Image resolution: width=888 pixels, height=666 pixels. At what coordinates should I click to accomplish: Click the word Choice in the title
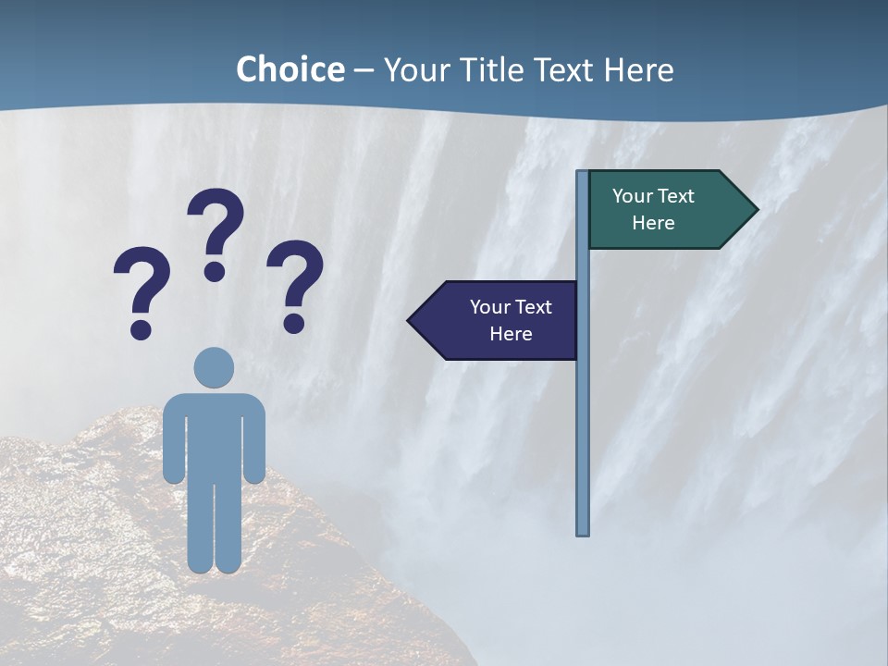coord(290,70)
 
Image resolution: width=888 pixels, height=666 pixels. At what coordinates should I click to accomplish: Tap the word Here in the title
coord(638,70)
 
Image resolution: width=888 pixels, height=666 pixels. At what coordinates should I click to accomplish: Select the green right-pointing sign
coord(666,210)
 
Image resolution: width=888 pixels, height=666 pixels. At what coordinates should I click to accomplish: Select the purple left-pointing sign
coord(499,320)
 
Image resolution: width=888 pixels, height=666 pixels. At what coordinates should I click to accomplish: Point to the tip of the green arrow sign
coord(756,210)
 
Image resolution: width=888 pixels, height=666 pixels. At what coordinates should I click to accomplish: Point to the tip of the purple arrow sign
coord(410,321)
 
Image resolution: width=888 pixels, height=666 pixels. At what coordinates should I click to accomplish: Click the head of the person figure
coord(214,367)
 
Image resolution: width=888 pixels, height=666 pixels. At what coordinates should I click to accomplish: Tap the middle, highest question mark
coord(216,227)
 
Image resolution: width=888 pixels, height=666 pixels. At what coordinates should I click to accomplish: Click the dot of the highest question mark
coord(215,271)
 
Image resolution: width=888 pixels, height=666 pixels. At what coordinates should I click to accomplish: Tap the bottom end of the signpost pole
coord(583,531)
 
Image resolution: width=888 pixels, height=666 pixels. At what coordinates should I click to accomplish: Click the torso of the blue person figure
coord(214,435)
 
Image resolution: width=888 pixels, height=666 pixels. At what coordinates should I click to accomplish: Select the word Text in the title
coord(563,70)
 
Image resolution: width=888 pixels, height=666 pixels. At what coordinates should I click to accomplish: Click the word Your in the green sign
coord(632,196)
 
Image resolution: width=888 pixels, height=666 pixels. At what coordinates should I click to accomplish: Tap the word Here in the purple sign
coord(511,334)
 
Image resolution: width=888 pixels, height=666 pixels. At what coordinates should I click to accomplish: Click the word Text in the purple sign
coord(533,307)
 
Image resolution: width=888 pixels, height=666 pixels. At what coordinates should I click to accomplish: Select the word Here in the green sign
coord(653,223)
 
